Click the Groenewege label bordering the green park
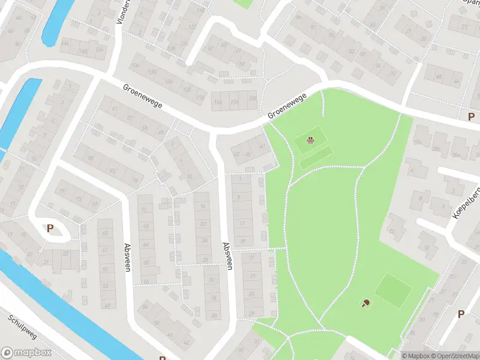287,106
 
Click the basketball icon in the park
311,141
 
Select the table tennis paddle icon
365,303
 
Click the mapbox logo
26,353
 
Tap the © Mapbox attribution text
416,356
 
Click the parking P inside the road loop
50,228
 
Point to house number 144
65,44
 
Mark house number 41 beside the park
262,146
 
